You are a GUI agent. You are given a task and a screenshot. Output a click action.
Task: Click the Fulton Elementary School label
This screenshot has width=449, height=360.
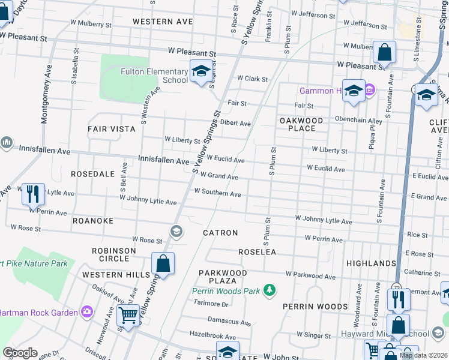pos(146,75)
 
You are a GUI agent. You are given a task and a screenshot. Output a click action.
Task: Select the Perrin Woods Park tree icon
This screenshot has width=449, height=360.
pos(270,291)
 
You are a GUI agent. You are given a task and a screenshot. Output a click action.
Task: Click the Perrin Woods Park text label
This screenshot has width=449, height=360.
pos(226,291)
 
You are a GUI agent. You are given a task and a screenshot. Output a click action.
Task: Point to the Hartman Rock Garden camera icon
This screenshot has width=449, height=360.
pos(88,311)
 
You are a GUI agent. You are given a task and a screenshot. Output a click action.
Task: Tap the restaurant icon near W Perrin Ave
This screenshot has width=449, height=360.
pos(33,194)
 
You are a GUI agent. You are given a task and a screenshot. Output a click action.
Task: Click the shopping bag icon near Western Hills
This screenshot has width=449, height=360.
pos(163,263)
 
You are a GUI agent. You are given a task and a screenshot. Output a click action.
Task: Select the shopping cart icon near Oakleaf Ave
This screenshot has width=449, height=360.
pos(128,314)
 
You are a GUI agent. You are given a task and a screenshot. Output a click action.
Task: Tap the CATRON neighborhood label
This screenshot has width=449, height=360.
pos(220,233)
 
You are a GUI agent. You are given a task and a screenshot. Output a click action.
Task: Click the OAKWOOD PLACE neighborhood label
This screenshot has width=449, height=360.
pos(301,124)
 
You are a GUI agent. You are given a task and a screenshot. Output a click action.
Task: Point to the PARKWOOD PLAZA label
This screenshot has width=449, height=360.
pos(223,277)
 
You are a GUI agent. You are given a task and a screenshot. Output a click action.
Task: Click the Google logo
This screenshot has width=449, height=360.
pos(20,353)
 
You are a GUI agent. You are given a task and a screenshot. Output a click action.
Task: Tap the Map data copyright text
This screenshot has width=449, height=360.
pos(423,355)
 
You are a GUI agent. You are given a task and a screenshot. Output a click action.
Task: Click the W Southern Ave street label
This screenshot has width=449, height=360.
pos(217,193)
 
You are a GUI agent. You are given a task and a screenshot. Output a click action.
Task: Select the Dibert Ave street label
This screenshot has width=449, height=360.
pos(236,123)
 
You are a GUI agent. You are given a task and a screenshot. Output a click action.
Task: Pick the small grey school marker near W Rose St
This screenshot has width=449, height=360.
pos(176,231)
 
